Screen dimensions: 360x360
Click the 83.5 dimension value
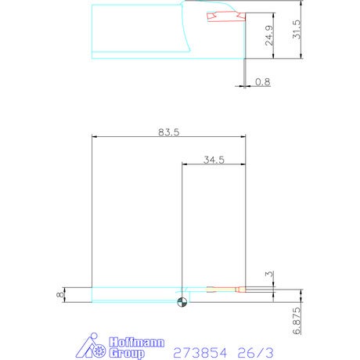coord(169,132)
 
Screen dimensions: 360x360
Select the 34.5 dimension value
coord(214,160)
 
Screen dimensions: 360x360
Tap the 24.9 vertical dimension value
coord(269,35)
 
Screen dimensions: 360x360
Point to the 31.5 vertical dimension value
coord(296,30)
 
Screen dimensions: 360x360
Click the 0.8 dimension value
coord(263,82)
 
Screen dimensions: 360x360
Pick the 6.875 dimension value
coord(297,321)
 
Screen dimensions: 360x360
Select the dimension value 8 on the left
coord(60,295)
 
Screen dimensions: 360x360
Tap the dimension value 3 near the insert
coord(269,274)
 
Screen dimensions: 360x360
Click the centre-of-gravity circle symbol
coord(182,302)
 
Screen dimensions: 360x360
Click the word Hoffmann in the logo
coord(137,342)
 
